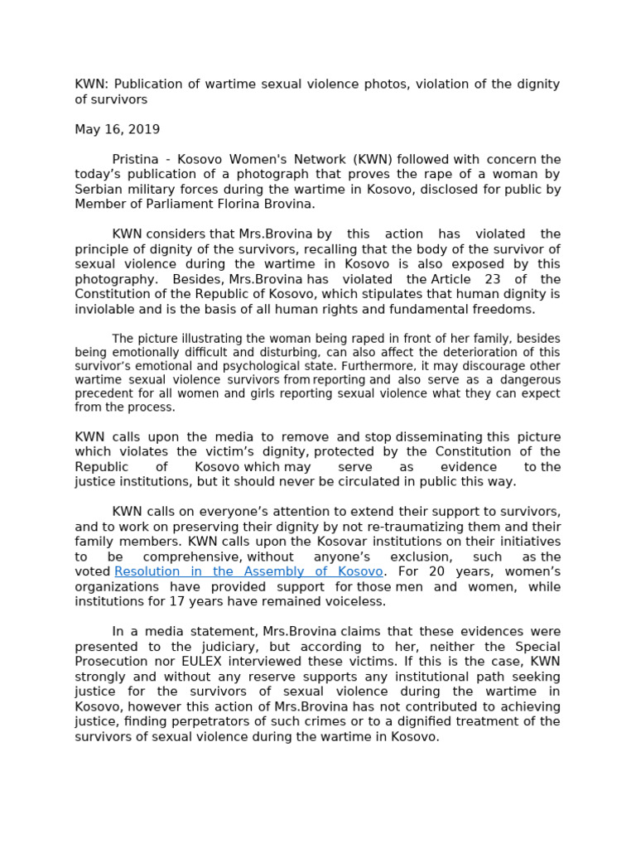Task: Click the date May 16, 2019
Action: pyautogui.click(x=117, y=129)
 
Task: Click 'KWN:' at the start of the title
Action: pyautogui.click(x=90, y=84)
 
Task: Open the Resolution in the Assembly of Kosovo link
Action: pyautogui.click(x=248, y=571)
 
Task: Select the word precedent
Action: pyautogui.click(x=105, y=393)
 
